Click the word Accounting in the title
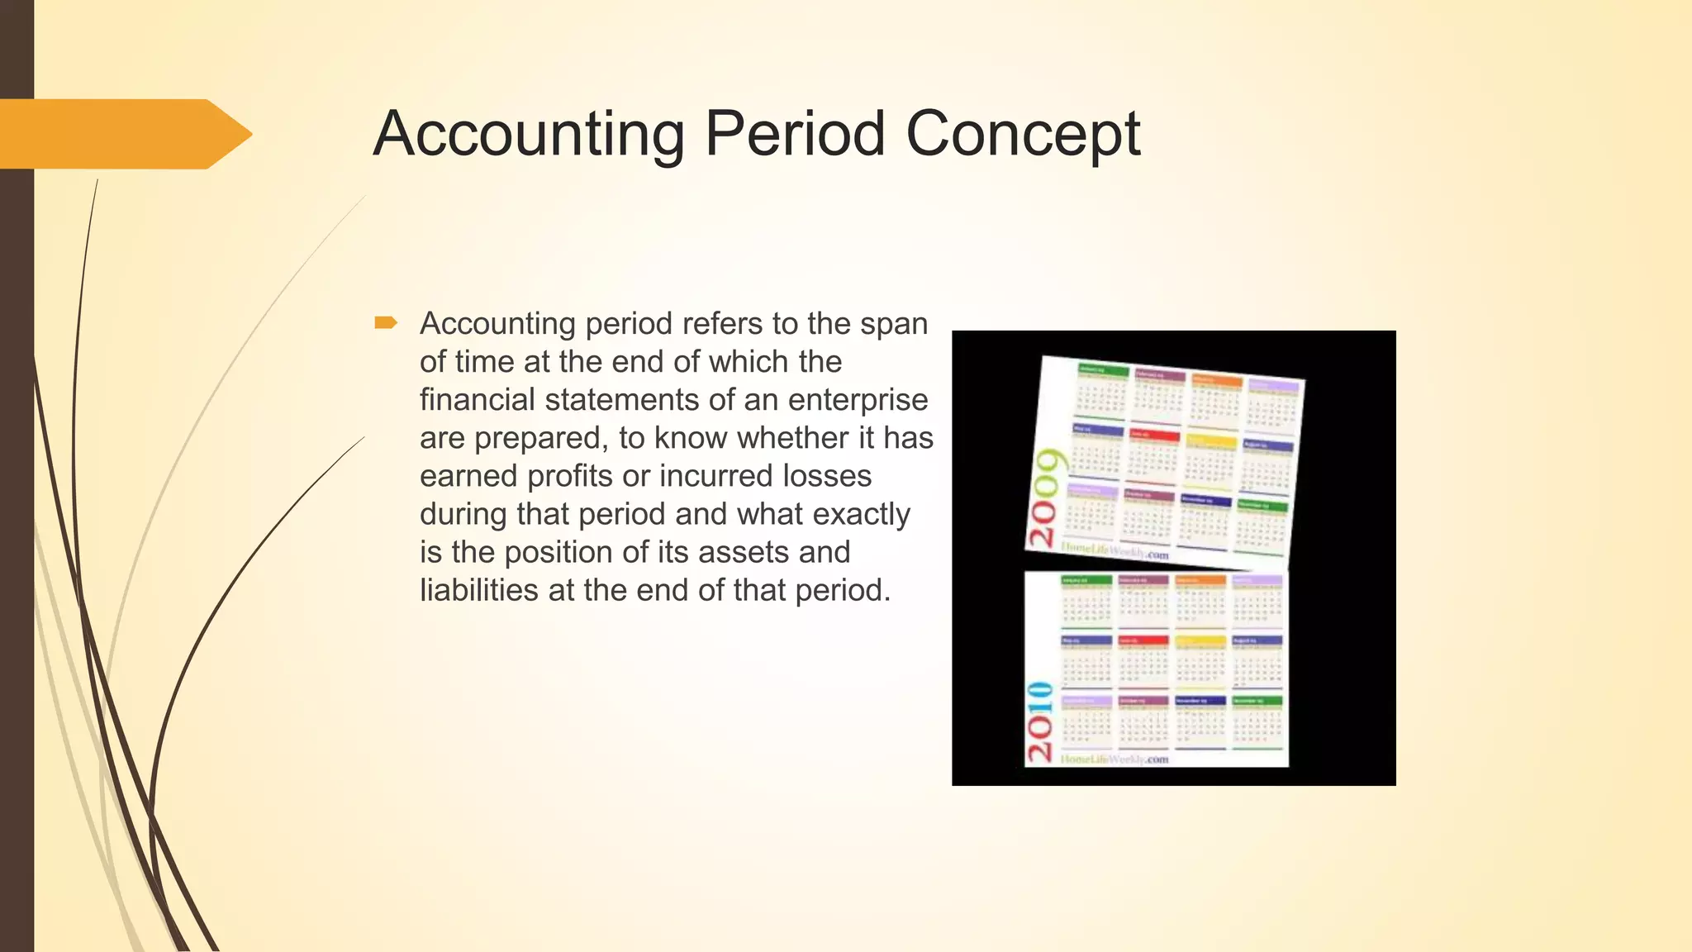click(529, 134)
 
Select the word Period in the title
click(795, 134)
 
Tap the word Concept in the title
click(1023, 136)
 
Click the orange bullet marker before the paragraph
click(386, 323)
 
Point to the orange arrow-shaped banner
click(124, 134)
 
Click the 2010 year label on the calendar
click(1039, 721)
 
